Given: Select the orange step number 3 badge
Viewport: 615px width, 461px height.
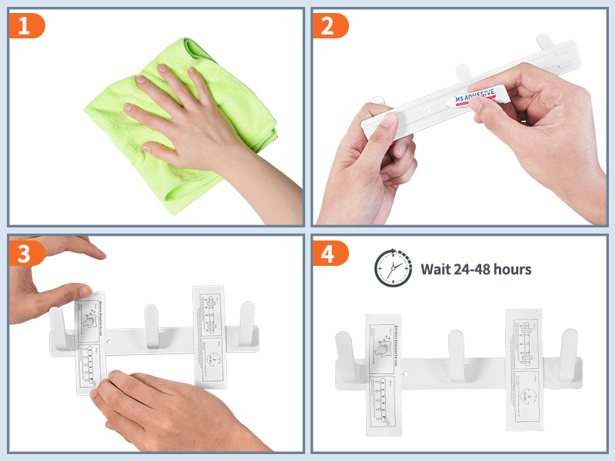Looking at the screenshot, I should (x=25, y=254).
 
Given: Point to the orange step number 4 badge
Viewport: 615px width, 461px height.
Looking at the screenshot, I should (x=328, y=254).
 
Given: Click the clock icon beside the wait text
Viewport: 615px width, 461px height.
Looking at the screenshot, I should (x=393, y=268).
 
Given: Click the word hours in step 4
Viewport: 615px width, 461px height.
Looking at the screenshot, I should (x=511, y=269).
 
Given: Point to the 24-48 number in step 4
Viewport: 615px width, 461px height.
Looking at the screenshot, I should (x=473, y=269).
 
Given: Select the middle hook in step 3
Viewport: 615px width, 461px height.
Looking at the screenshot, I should (x=151, y=323).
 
